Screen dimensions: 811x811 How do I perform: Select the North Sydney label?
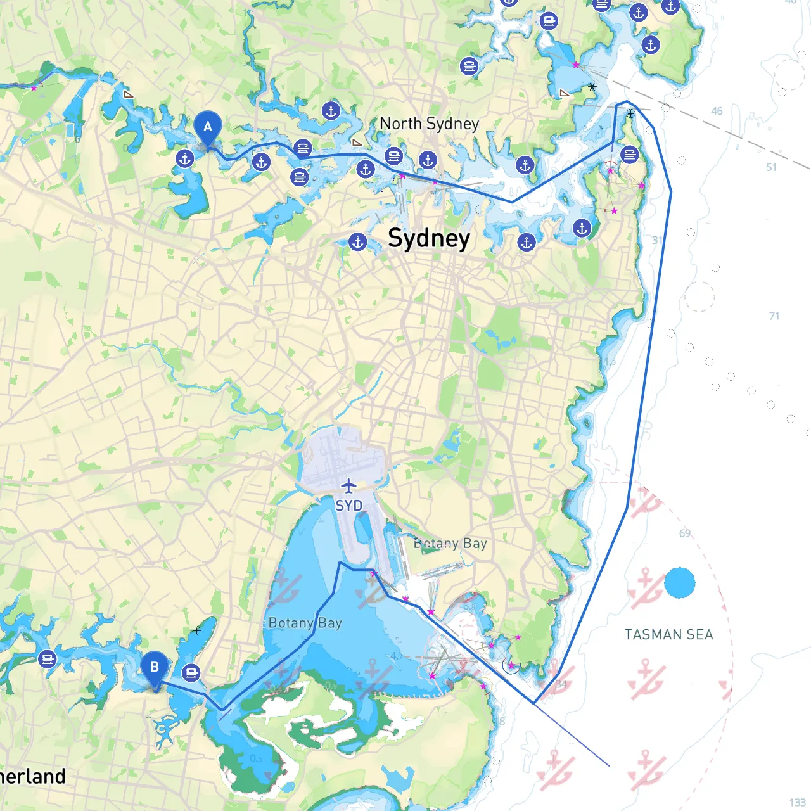point(429,124)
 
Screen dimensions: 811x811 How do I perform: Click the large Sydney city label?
point(429,238)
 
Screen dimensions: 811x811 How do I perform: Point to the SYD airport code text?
point(348,506)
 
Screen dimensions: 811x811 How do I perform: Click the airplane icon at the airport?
point(348,486)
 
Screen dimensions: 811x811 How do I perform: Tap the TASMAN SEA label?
point(668,634)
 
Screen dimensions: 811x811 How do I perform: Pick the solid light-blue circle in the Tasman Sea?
point(680,583)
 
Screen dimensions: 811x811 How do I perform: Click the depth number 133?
point(798,803)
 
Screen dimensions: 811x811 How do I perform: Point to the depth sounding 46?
point(717,111)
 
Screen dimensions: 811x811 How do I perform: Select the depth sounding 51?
point(771,167)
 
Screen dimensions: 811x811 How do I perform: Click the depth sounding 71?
point(774,316)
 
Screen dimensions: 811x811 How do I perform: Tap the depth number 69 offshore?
point(685,533)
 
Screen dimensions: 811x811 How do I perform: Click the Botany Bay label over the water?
point(305,623)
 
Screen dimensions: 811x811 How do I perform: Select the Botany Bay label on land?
point(450,544)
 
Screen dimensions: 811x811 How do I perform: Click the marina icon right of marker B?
point(191,672)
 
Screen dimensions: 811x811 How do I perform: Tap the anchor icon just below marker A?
point(185,158)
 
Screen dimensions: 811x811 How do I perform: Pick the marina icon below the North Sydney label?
point(394,156)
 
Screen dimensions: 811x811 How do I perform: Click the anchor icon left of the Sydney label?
point(358,241)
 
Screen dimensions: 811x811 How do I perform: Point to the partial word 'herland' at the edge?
point(33,777)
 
